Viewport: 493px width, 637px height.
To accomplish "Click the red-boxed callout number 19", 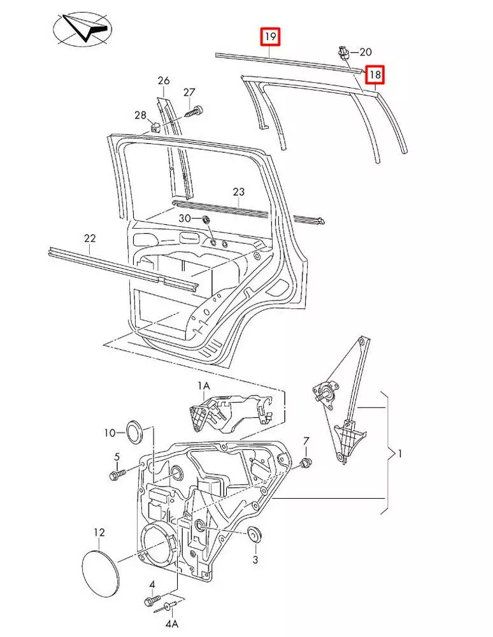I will pyautogui.click(x=270, y=37).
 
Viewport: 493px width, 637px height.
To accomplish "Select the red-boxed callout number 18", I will pyautogui.click(x=375, y=75).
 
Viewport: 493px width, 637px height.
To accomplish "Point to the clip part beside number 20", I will pyautogui.click(x=343, y=52).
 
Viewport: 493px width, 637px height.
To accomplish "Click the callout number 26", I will pyautogui.click(x=164, y=81).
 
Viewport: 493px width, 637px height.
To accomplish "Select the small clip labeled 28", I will pyautogui.click(x=155, y=124).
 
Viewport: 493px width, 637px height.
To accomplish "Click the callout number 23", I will pyautogui.click(x=238, y=191).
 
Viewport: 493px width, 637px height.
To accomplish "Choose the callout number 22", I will pyautogui.click(x=90, y=238).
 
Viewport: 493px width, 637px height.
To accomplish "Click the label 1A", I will pyautogui.click(x=203, y=386).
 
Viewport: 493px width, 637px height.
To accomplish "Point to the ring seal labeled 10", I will pyautogui.click(x=134, y=432).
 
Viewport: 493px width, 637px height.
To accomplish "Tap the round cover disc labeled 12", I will pyautogui.click(x=101, y=570).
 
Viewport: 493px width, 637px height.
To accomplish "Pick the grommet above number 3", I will pyautogui.click(x=255, y=535).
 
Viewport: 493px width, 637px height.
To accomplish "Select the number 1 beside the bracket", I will pyautogui.click(x=399, y=454).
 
